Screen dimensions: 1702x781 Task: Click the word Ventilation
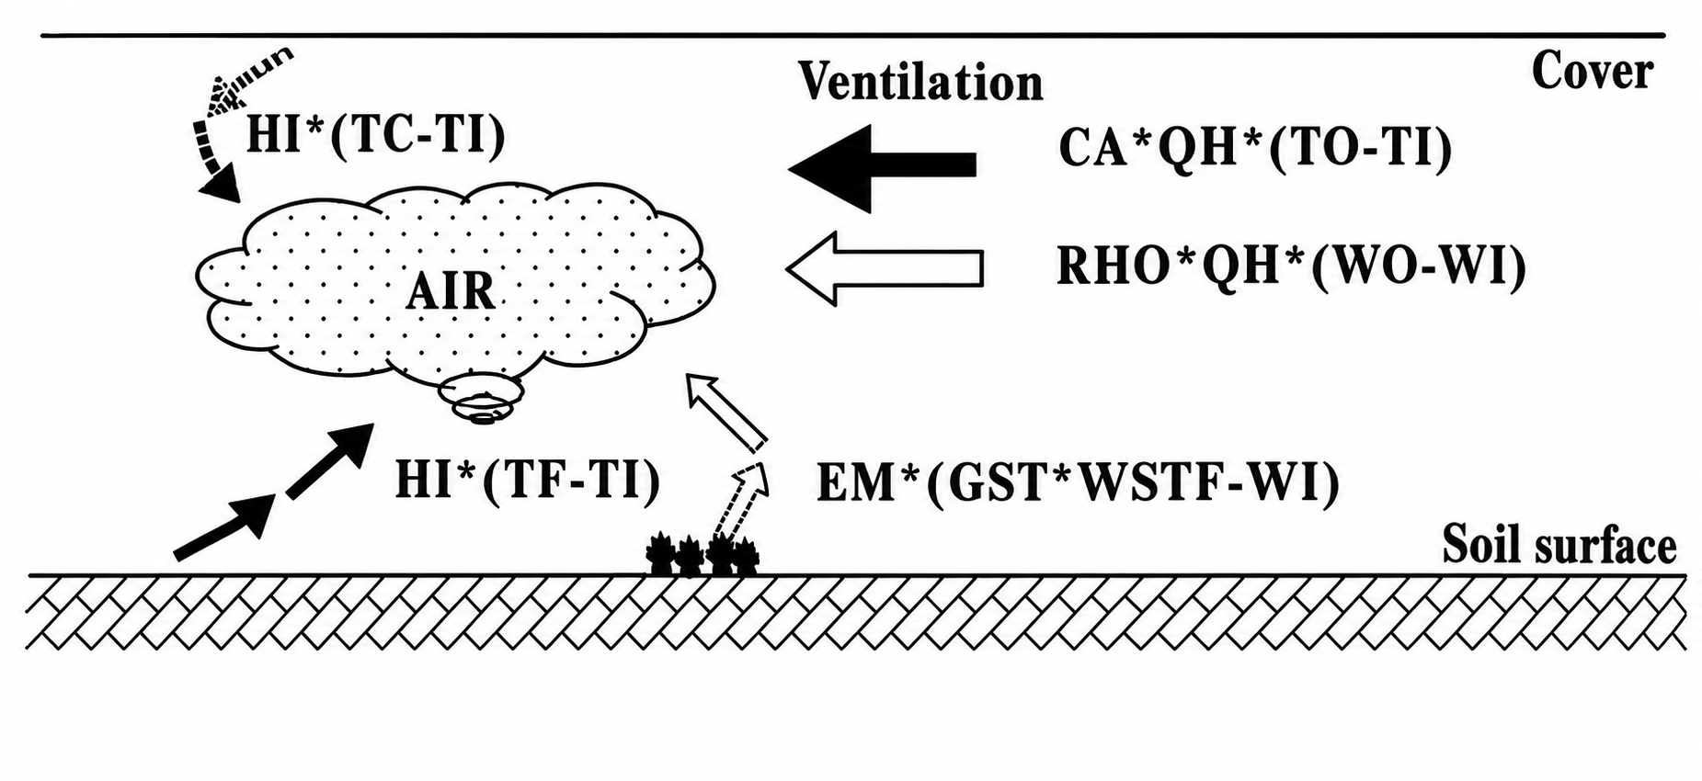pyautogui.click(x=920, y=83)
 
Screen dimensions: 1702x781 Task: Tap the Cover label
pyautogui.click(x=1592, y=71)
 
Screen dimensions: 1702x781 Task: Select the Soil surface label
pyautogui.click(x=1559, y=545)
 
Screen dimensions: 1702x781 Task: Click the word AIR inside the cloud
pyautogui.click(x=451, y=291)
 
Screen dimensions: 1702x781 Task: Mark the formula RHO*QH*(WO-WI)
pyautogui.click(x=1292, y=267)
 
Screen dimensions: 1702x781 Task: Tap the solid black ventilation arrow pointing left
pyautogui.click(x=882, y=167)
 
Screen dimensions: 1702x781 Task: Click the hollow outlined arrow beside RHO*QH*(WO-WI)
pyautogui.click(x=885, y=268)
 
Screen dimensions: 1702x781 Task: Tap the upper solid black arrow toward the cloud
pyautogui.click(x=330, y=460)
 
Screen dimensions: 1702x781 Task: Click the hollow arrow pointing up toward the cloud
pyautogui.click(x=725, y=412)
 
